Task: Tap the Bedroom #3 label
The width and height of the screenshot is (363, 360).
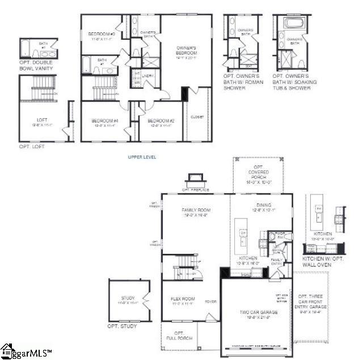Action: tap(102, 35)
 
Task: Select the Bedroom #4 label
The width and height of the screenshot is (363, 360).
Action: tap(104, 120)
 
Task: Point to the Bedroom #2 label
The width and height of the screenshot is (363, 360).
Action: tap(160, 120)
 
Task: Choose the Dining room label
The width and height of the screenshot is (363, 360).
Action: tap(263, 205)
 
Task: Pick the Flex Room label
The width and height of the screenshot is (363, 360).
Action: tap(183, 299)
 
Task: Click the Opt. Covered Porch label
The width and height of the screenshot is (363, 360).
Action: tap(259, 175)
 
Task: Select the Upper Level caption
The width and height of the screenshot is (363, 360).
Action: tap(142, 157)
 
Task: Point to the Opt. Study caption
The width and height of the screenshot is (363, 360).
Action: tap(121, 326)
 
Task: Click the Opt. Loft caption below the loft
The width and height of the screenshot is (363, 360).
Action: tap(32, 146)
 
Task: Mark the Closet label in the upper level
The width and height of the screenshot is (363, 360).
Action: tap(196, 117)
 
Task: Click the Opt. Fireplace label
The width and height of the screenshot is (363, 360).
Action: tap(196, 190)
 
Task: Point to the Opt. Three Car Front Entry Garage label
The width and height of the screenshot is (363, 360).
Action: tap(311, 304)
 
